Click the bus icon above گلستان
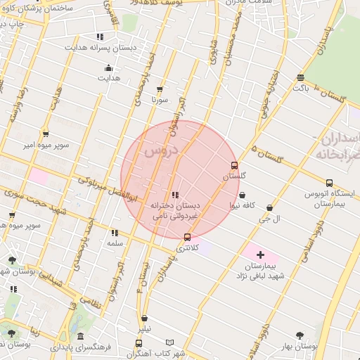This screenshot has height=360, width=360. (x=234, y=166)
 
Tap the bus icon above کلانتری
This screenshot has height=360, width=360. (x=186, y=238)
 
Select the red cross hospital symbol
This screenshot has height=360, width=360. (x=260, y=254)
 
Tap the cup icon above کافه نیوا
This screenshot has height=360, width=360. (x=243, y=195)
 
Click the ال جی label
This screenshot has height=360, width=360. (x=270, y=219)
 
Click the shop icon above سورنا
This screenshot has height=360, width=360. (x=160, y=89)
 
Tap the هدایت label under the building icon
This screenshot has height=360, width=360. (x=108, y=79)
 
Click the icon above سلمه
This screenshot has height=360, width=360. (x=114, y=233)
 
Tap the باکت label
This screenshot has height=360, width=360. (x=301, y=89)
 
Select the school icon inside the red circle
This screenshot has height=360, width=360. (x=174, y=195)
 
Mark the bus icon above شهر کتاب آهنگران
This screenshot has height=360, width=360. (x=139, y=343)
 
